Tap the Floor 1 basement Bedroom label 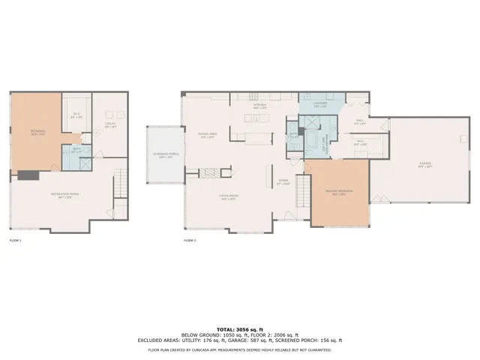(37, 133)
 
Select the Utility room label (110, 127)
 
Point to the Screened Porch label (164, 155)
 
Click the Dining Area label (208, 136)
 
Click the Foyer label (283, 181)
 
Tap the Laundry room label (319, 106)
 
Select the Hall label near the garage (359, 121)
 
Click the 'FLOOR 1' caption (15, 241)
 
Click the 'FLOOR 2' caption (190, 241)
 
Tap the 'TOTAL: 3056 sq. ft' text (239, 329)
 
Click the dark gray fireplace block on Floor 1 (28, 175)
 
